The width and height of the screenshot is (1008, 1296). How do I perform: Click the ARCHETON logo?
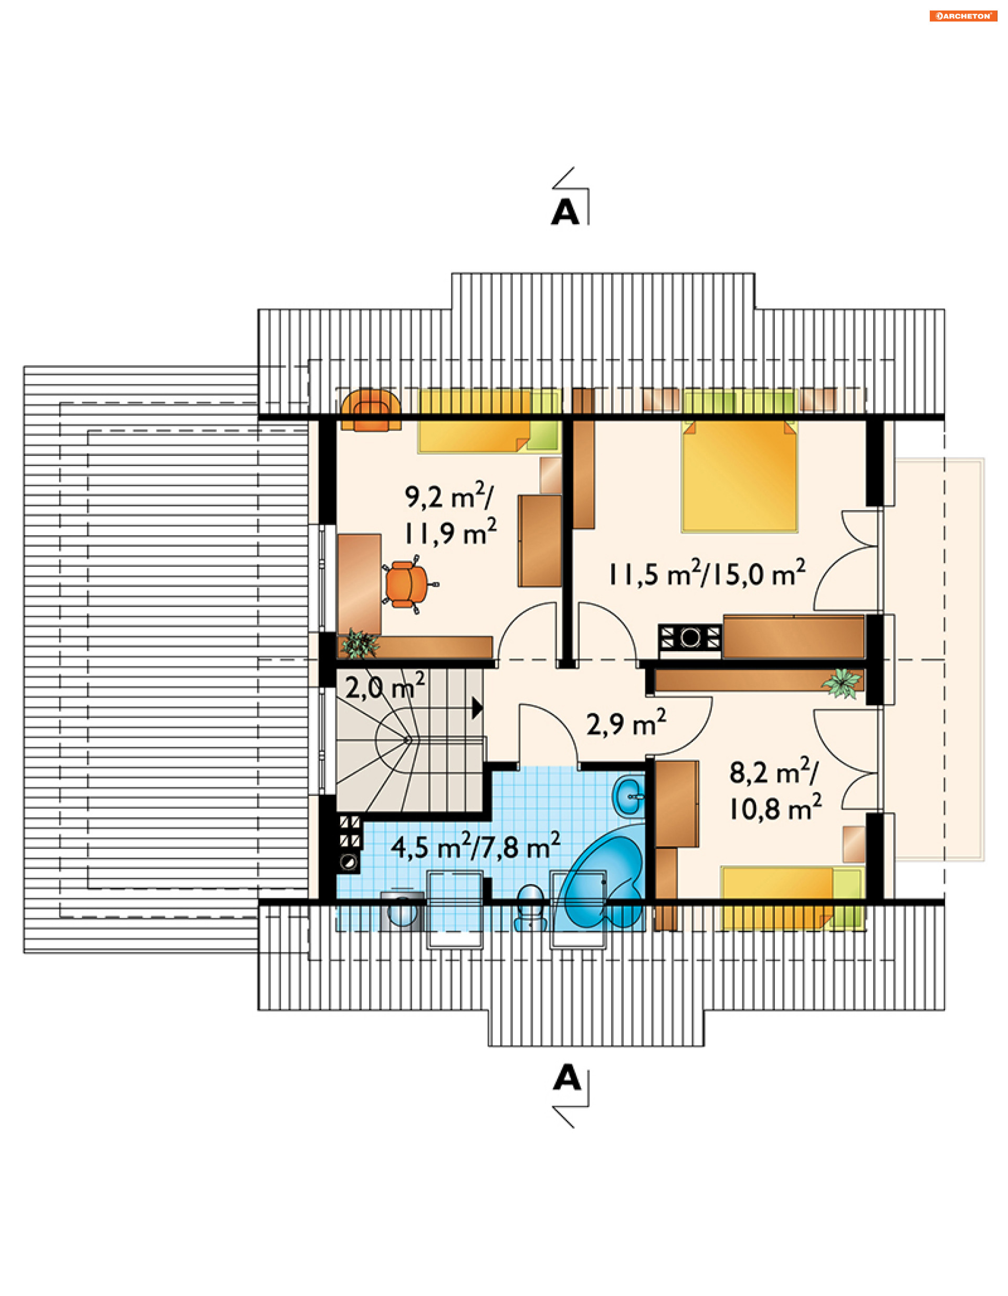[963, 16]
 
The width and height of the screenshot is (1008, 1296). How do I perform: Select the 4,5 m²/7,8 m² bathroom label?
[476, 846]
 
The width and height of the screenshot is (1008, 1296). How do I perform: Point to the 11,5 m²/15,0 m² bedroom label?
[707, 572]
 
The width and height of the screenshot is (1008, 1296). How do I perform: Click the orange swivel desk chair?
[408, 584]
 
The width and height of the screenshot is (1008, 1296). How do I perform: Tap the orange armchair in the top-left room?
[371, 410]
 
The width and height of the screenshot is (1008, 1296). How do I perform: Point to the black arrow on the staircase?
[477, 708]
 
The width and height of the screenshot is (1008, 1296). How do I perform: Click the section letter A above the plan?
[564, 212]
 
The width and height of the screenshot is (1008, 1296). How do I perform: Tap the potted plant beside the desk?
[360, 643]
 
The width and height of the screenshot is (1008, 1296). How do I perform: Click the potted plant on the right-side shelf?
[841, 683]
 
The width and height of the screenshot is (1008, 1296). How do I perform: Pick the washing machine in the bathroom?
[403, 910]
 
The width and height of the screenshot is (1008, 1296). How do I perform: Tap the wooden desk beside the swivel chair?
[359, 584]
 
